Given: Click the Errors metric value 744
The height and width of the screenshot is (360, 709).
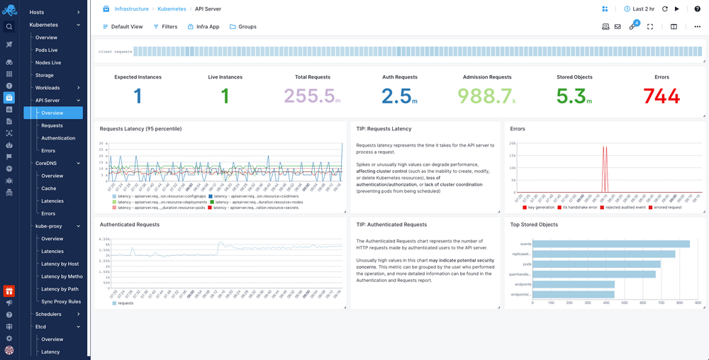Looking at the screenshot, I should point(661,96).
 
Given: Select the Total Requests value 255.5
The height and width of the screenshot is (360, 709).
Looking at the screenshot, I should point(309,96).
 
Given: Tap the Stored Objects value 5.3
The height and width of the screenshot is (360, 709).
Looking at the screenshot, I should point(571,96).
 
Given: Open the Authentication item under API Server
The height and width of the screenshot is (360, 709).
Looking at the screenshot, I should point(58,138).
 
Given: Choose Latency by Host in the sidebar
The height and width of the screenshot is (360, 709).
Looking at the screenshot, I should point(60,264).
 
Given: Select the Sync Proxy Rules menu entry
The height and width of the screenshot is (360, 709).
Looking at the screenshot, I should point(61,302).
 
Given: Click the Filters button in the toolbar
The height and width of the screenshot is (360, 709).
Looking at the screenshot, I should point(165,27).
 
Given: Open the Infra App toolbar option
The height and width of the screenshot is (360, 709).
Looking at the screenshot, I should point(203,27).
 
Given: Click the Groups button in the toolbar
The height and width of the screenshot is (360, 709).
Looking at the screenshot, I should point(242,27).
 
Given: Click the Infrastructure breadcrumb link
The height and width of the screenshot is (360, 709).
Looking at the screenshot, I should point(131,9).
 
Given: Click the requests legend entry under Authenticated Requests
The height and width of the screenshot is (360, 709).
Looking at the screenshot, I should point(124,303).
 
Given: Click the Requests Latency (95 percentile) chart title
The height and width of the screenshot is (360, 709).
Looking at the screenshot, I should point(140,129).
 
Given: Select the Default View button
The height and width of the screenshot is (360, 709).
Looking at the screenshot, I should point(123,27).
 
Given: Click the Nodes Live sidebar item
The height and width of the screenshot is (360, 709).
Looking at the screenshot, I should point(48,62).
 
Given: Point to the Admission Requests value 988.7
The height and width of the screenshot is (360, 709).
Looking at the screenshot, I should point(486,96).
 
